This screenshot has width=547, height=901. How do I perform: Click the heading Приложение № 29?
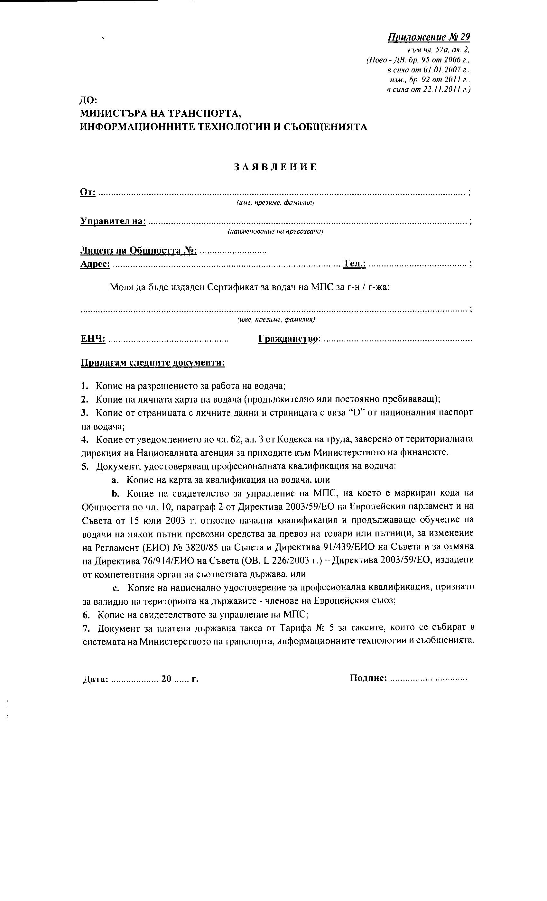[429, 37]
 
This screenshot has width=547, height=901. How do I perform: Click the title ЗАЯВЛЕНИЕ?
[275, 167]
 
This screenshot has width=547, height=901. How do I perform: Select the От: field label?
[88, 192]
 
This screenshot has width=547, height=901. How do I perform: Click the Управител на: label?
[113, 221]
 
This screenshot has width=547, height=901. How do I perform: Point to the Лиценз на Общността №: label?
[138, 250]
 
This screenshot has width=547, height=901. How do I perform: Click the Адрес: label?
[95, 264]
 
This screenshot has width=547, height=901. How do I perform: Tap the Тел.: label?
[354, 264]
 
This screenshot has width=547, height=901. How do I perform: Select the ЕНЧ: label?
[93, 339]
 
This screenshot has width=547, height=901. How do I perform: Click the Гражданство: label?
[290, 339]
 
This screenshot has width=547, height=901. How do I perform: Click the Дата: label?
[96, 679]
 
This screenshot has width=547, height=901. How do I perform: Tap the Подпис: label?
[368, 678]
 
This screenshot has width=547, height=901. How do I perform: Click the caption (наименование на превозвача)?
[275, 232]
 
